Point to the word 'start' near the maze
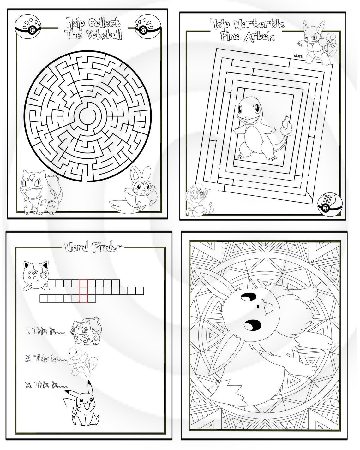tap(298, 56)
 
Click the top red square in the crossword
tap(83, 283)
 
